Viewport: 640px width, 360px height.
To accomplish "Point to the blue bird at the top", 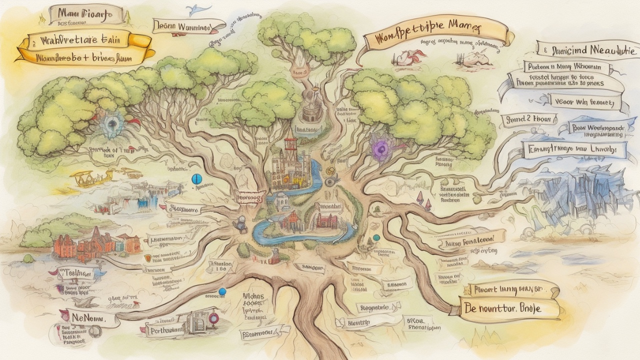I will tap(193, 8).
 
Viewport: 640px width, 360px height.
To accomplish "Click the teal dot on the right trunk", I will tap(376, 237).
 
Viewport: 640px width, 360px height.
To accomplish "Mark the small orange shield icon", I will tap(147, 258).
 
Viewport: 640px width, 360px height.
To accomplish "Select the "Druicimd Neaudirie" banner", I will tap(586, 49).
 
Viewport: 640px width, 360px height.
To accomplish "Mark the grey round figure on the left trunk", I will tap(241, 221).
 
